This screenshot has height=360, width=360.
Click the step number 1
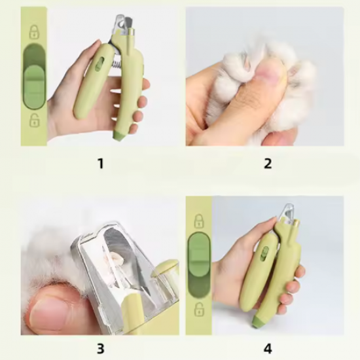coord(101,164)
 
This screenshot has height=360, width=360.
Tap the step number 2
coord(268,164)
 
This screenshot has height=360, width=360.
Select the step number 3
coord(101,348)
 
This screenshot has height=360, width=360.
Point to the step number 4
coord(268,348)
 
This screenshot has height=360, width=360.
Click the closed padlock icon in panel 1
coord(34,31)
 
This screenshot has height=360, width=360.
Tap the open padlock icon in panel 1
coord(34,120)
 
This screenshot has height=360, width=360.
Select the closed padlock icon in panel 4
coord(199,221)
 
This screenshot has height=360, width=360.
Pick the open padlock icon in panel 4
coord(199,309)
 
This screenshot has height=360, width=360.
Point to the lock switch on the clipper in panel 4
coord(265,253)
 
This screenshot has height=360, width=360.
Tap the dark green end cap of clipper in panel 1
coord(119,135)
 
